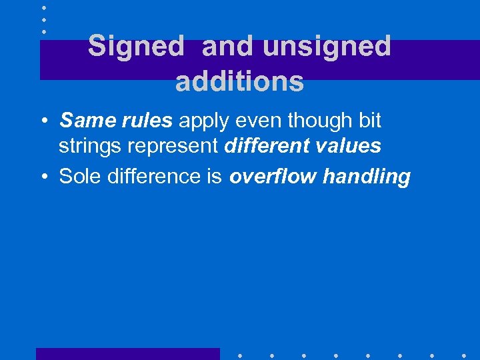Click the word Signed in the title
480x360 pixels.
[135, 47]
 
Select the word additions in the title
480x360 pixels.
[239, 82]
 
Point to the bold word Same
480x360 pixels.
[83, 121]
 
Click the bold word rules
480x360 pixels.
[143, 121]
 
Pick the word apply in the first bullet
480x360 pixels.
[203, 122]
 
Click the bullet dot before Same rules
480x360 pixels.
[43, 121]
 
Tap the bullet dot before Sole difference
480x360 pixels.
[43, 177]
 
